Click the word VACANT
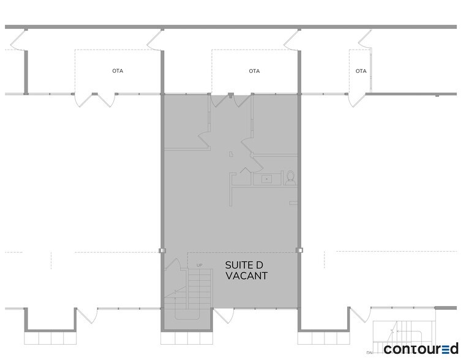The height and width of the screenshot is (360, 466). (x=246, y=276)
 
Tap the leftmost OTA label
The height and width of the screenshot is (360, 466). (x=118, y=71)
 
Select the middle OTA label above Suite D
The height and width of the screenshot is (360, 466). (x=254, y=71)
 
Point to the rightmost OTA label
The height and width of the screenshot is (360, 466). (x=361, y=71)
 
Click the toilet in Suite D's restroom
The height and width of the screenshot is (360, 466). (x=290, y=179)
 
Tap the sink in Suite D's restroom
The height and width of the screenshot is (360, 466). (x=267, y=179)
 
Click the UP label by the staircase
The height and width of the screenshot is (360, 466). (x=199, y=265)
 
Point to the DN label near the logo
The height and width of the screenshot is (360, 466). (x=370, y=353)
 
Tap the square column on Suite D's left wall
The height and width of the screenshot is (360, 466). (x=162, y=250)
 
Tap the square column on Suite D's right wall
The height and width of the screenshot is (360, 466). (x=299, y=250)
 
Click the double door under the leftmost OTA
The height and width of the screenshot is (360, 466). (x=94, y=100)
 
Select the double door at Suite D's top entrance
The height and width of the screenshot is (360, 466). (x=230, y=100)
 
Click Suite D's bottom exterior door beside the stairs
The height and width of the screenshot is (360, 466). (x=224, y=315)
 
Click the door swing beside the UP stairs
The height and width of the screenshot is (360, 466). (x=174, y=268)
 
